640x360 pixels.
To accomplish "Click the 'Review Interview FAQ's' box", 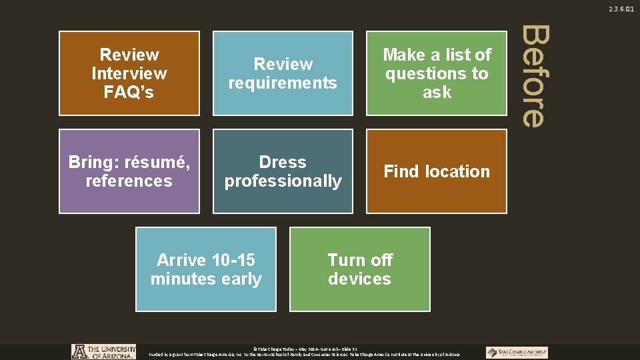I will (x=129, y=73).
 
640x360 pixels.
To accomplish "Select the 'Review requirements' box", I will (x=283, y=73).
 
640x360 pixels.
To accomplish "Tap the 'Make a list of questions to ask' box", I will (x=437, y=73).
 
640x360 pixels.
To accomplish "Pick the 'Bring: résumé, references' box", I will (x=129, y=171).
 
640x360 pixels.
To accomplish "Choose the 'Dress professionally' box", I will (x=283, y=171).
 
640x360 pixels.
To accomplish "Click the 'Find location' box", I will (x=437, y=171).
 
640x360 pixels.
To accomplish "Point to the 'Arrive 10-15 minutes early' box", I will (x=206, y=269).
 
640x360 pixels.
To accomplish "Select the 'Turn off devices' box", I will (x=360, y=269).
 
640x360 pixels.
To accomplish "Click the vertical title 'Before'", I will (x=533, y=76).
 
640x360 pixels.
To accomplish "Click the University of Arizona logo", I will (x=103, y=352).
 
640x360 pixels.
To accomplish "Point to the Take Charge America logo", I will (x=517, y=352).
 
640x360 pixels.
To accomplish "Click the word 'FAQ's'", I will (x=129, y=92).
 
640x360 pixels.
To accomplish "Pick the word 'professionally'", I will (x=283, y=181).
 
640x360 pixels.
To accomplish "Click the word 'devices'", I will (x=360, y=279).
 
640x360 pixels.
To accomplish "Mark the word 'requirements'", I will (x=283, y=83).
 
